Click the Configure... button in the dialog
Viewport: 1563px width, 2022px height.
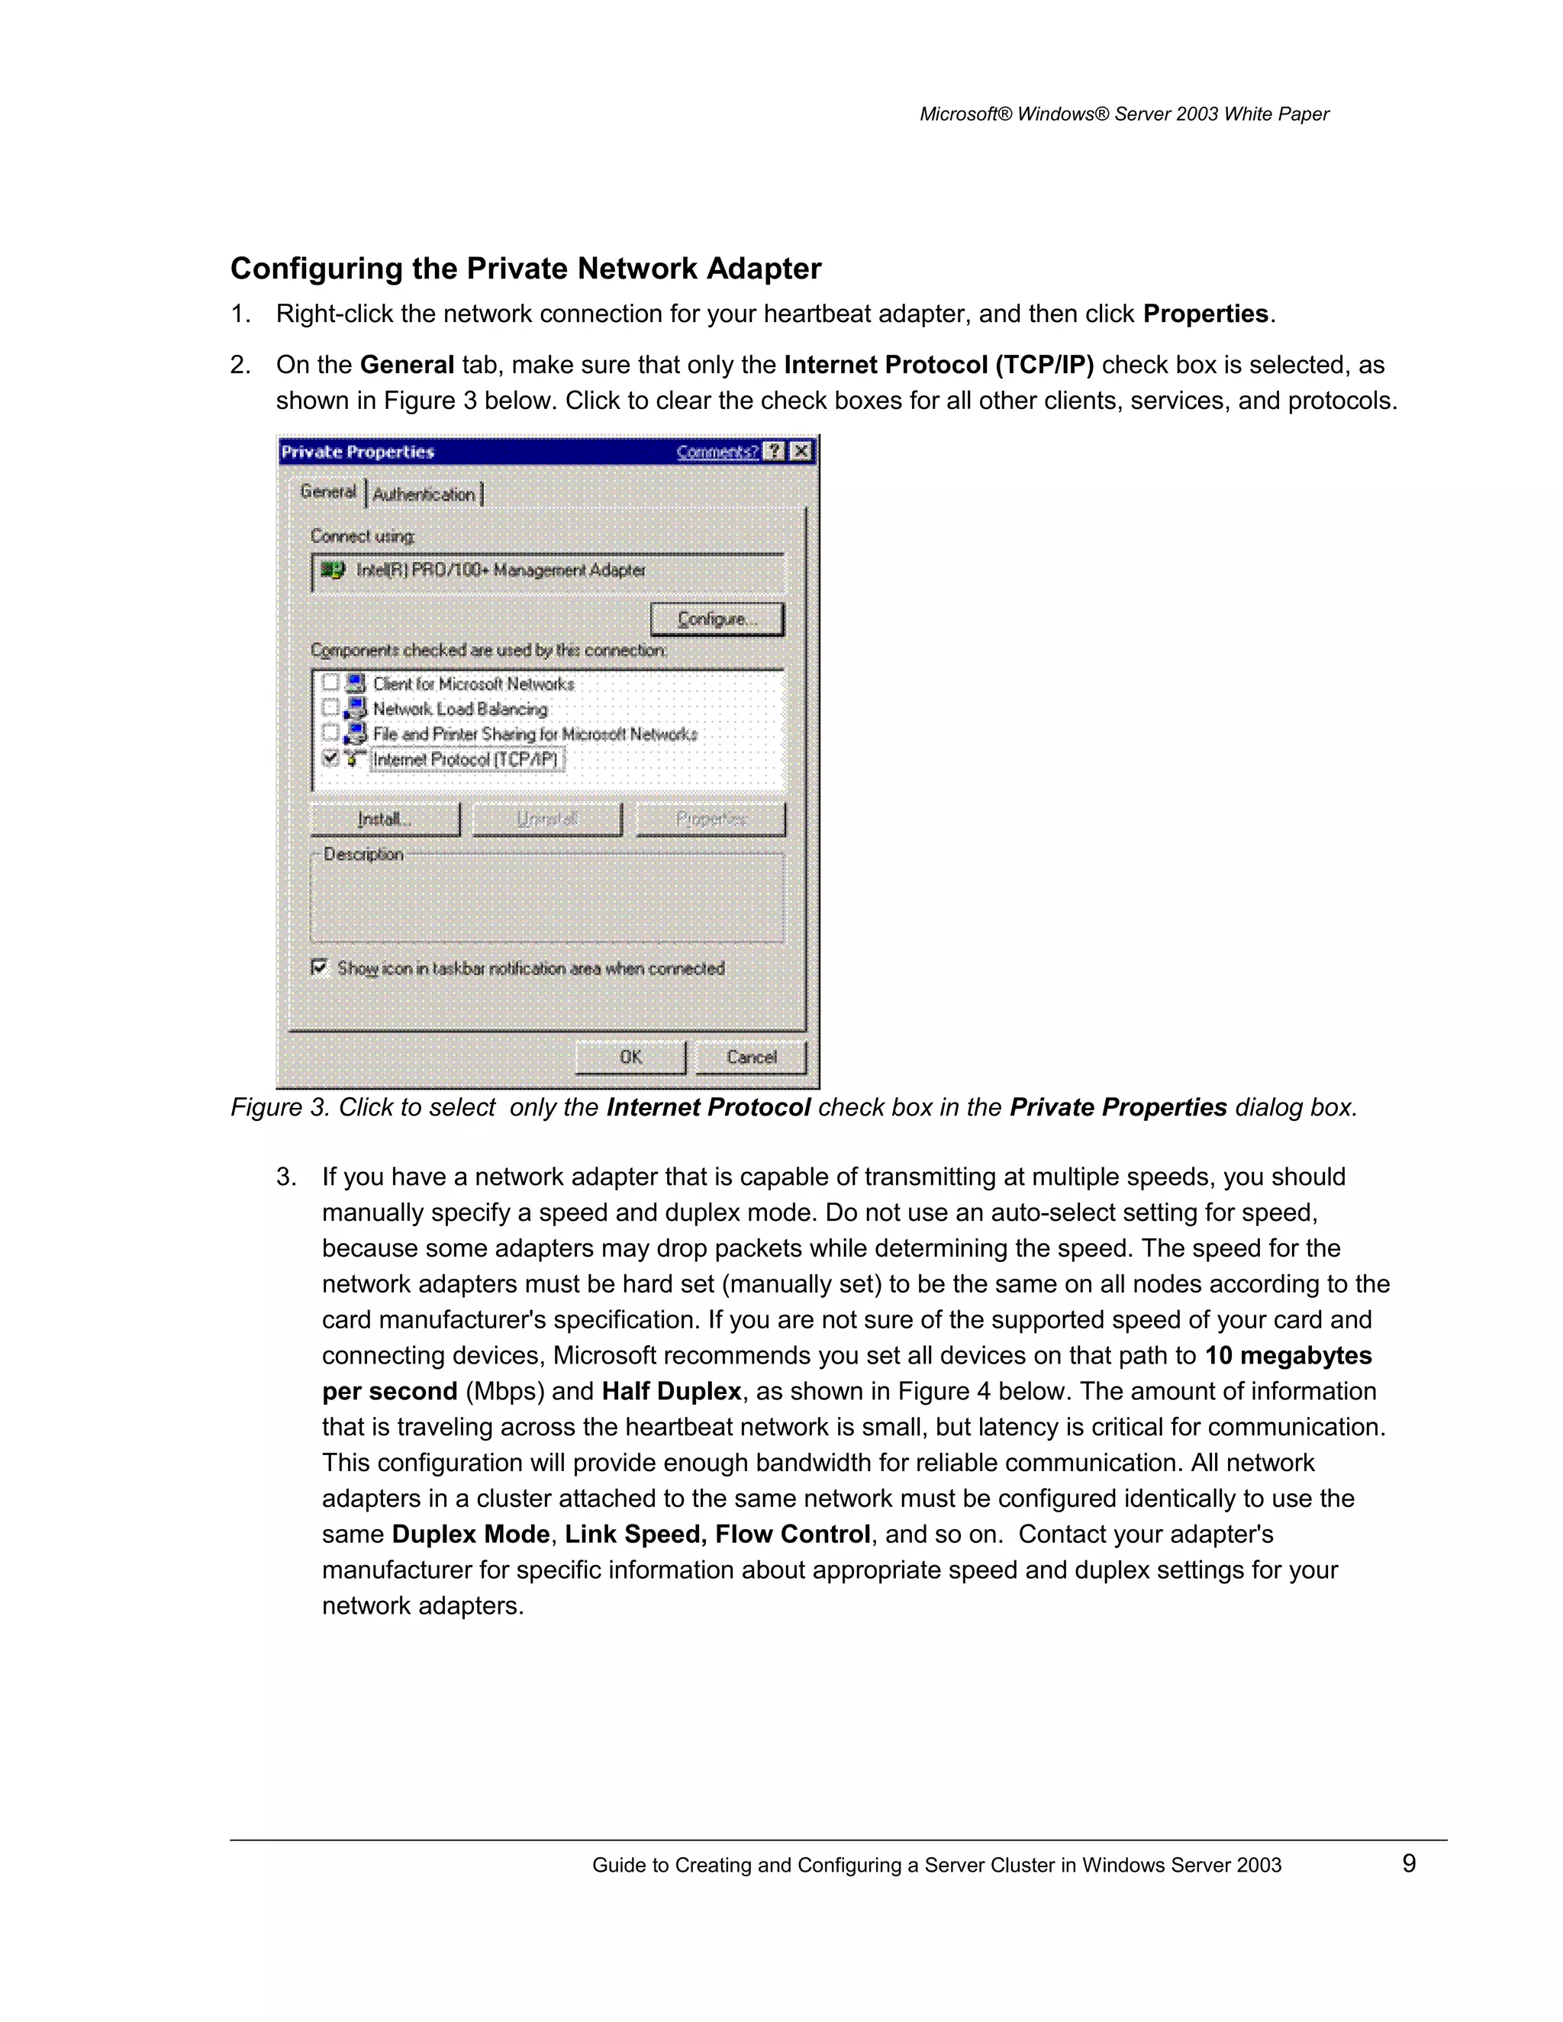point(717,619)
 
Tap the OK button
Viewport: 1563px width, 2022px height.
point(630,1056)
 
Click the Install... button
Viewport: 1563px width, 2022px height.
point(385,819)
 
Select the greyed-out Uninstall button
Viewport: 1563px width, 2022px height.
point(547,819)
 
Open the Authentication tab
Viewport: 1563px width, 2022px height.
point(424,494)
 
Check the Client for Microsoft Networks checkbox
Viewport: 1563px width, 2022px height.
point(330,683)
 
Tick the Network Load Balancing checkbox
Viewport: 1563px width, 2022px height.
point(330,708)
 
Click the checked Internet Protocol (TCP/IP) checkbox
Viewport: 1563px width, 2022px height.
point(330,758)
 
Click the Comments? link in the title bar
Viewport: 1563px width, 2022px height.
point(717,452)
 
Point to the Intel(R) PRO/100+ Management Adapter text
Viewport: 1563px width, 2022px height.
point(500,570)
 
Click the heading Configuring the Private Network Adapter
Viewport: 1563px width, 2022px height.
point(525,269)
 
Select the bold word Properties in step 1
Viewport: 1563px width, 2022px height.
point(1204,314)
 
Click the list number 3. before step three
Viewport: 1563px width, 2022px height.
point(286,1177)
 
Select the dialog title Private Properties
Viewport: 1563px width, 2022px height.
point(357,452)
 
